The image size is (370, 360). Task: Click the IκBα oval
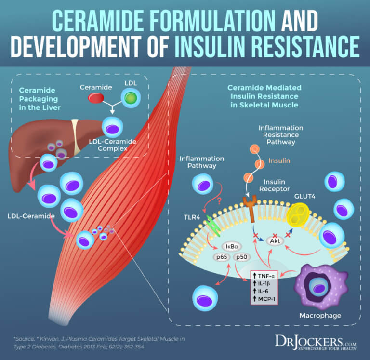tap(229, 246)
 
